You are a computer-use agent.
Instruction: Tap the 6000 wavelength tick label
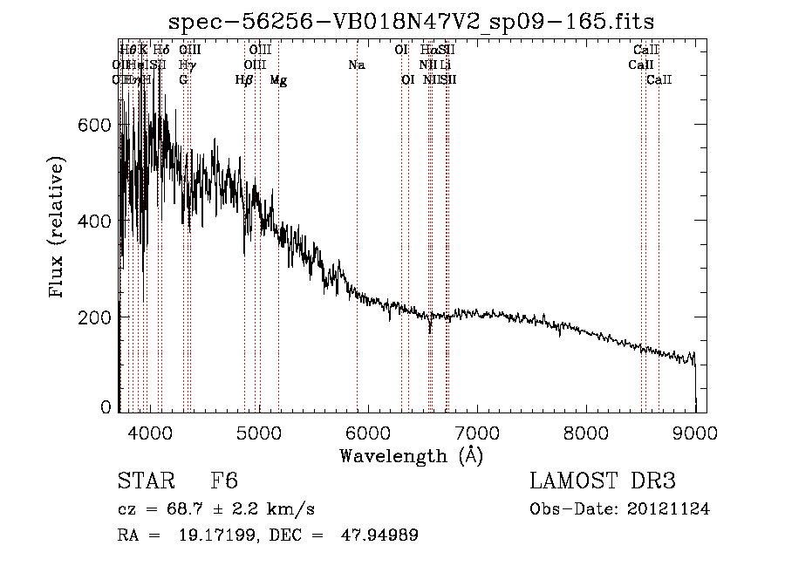pyautogui.click(x=367, y=432)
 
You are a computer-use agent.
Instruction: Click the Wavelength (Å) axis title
pyautogui.click(x=411, y=455)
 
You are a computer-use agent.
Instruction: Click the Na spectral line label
pyautogui.click(x=356, y=65)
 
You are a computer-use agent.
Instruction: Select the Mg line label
pyautogui.click(x=278, y=80)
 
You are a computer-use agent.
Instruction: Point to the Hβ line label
pyautogui.click(x=244, y=80)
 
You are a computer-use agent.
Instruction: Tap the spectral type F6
pyautogui.click(x=224, y=481)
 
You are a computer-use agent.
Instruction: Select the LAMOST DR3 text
pyautogui.click(x=602, y=481)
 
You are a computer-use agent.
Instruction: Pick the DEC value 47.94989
pyautogui.click(x=379, y=535)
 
